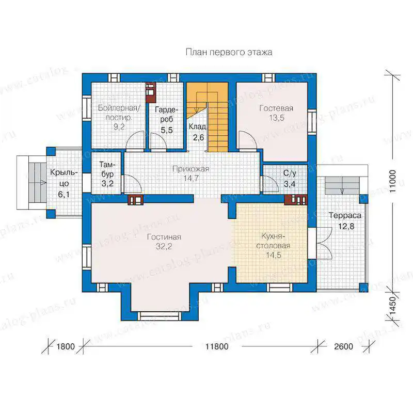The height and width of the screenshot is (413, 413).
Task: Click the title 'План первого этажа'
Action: pos(229,52)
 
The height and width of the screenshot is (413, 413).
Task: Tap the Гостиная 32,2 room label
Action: pos(164,242)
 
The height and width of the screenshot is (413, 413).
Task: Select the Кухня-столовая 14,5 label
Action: pos(273,246)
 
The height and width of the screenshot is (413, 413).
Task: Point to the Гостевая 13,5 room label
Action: pos(276,113)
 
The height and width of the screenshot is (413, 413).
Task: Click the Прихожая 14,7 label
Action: pos(190,173)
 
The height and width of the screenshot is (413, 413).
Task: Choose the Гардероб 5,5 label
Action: pos(166,120)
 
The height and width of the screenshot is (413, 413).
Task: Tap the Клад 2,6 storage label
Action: pos(198,132)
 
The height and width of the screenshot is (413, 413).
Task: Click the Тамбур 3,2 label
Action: pos(107,174)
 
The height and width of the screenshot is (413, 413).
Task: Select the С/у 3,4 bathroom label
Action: pos(290,179)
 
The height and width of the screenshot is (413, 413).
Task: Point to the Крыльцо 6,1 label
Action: pos(63,184)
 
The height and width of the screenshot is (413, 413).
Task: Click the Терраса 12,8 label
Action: pos(345,221)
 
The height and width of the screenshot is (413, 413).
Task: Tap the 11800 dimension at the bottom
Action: pos(217,346)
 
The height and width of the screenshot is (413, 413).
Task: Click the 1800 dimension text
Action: pos(66,346)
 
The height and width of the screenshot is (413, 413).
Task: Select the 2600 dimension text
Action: pos(343,346)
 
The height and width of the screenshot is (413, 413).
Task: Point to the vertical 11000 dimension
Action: pos(393,182)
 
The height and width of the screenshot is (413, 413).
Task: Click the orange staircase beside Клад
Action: pos(208,117)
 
